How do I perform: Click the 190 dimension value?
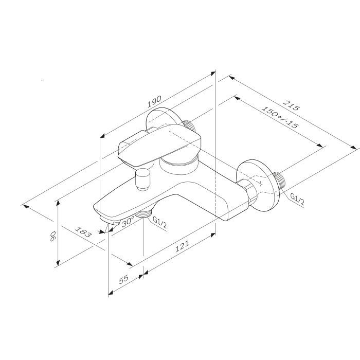[x=155, y=101]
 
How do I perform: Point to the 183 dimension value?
[x=84, y=232]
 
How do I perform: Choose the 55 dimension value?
[x=124, y=279]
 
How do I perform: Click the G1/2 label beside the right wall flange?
[x=299, y=199]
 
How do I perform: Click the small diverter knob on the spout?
[x=141, y=178]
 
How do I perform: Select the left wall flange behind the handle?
[x=162, y=118]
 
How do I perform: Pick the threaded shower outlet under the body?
[x=145, y=216]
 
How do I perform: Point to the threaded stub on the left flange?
[x=190, y=125]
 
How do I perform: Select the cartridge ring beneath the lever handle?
[x=177, y=165]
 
